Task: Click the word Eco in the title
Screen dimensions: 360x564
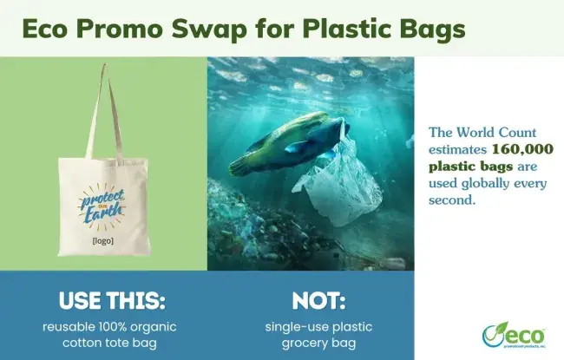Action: pyautogui.click(x=52, y=28)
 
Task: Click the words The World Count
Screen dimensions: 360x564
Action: pyautogui.click(x=488, y=133)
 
